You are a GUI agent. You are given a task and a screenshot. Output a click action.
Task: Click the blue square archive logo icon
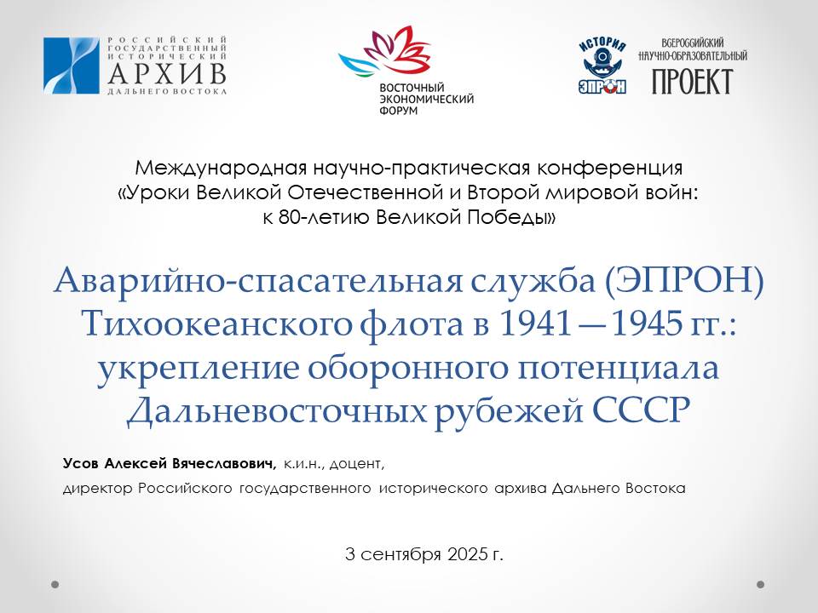coord(71,66)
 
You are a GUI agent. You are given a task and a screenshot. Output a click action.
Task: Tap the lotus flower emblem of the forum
coord(386,53)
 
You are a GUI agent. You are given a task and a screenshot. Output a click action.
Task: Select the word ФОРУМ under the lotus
coord(399,111)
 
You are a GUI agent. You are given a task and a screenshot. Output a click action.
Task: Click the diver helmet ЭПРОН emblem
coord(602,66)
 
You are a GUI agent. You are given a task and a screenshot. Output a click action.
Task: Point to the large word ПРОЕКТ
coord(692,82)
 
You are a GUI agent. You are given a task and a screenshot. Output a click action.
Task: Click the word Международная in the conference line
coord(221,168)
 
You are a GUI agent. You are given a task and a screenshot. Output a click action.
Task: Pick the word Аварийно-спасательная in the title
coord(258,280)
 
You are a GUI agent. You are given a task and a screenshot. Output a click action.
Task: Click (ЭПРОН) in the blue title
coord(684,280)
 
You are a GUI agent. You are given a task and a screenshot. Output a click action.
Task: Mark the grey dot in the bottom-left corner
coord(55,584)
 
